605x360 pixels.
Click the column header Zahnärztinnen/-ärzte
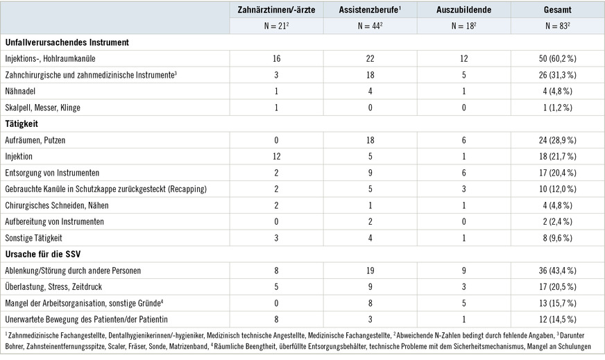pos(276,10)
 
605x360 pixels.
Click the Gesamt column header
pos(558,10)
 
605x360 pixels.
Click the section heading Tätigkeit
pos(21,123)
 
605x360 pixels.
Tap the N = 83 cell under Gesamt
pos(558,26)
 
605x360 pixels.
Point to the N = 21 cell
pos(276,26)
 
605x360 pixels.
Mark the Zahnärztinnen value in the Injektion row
pos(276,155)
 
